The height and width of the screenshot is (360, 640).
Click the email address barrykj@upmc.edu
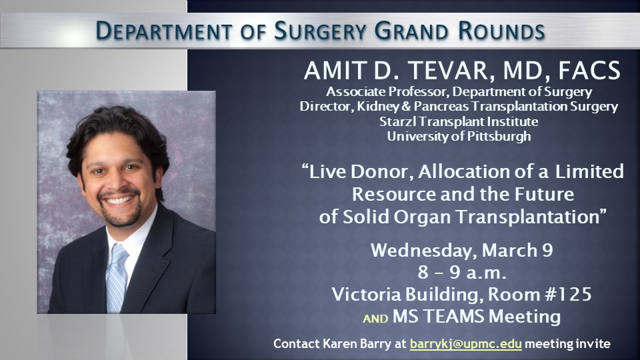tap(466, 344)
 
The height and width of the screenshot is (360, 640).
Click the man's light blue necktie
tap(116, 277)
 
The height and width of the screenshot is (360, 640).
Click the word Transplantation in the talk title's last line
tap(530, 217)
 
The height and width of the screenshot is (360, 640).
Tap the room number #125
tap(569, 294)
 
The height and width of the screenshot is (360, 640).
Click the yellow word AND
tap(375, 319)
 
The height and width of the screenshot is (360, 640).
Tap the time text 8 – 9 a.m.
tap(462, 272)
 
